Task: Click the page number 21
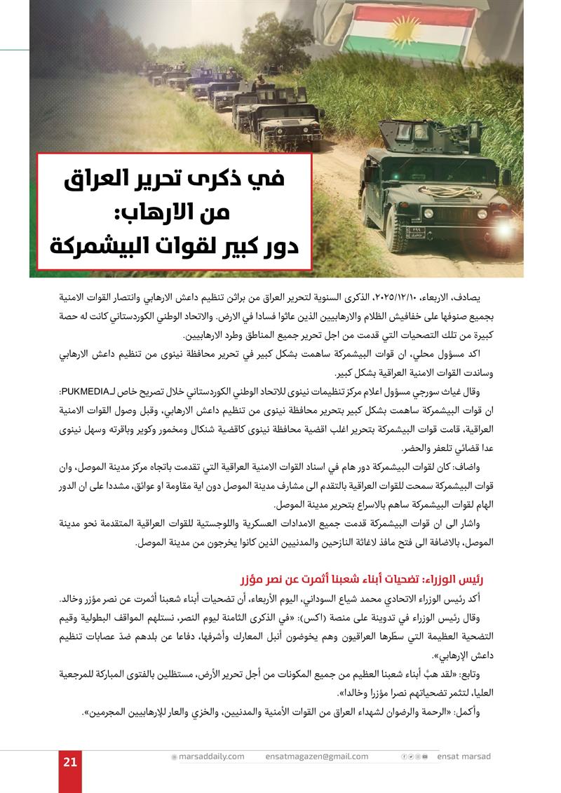click(x=69, y=763)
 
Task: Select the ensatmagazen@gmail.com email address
click(x=317, y=757)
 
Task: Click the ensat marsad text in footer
click(x=464, y=757)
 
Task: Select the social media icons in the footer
click(x=414, y=757)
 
